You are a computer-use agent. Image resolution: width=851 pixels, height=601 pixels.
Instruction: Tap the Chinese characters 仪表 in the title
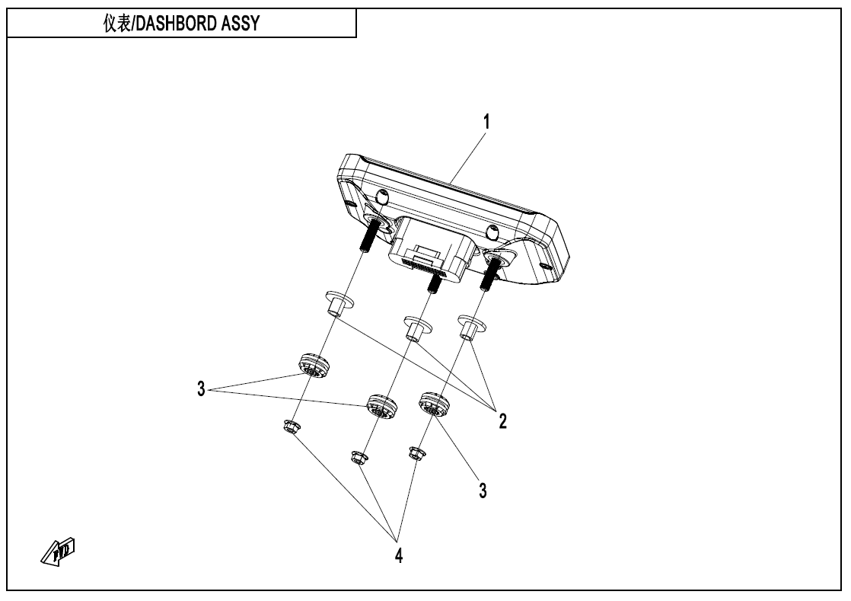(118, 24)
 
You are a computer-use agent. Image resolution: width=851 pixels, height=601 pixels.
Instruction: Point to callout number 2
(503, 420)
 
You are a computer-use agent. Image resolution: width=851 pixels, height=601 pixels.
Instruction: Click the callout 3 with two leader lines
(201, 389)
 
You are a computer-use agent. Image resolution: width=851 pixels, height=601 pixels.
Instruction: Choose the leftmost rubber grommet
(312, 366)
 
